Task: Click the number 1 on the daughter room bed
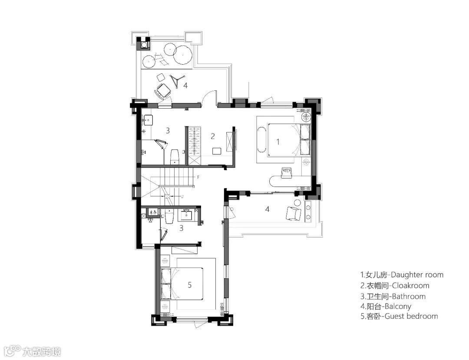tap(278, 142)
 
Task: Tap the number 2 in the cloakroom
tap(213, 136)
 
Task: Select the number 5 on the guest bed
tap(190, 284)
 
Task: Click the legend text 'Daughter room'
tap(417, 275)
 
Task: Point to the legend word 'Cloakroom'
tap(411, 286)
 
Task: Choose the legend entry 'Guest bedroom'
tap(411, 316)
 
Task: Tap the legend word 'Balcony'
tap(398, 306)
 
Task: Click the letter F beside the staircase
tap(198, 177)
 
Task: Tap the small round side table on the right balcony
tap(297, 202)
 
